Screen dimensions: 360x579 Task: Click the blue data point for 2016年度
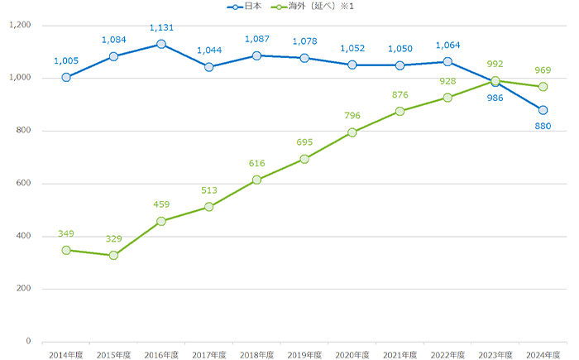click(x=161, y=44)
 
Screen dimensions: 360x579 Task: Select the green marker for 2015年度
click(x=113, y=255)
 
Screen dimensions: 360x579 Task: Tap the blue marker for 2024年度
click(x=543, y=110)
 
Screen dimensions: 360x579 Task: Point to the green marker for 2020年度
click(x=352, y=132)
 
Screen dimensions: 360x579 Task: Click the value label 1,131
click(x=161, y=28)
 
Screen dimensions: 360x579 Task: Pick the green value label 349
click(x=65, y=234)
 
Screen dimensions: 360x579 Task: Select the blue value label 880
click(x=543, y=126)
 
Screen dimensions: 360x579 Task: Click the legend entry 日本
click(x=249, y=6)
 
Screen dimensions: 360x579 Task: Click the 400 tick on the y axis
click(x=23, y=237)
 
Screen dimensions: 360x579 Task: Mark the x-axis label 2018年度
click(x=256, y=354)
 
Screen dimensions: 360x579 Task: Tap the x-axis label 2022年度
click(x=447, y=354)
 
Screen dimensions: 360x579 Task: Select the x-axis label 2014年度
click(x=65, y=354)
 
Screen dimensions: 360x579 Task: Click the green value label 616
click(x=256, y=164)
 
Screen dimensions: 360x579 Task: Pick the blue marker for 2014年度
click(x=65, y=78)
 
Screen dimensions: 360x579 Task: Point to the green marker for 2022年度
click(x=447, y=98)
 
